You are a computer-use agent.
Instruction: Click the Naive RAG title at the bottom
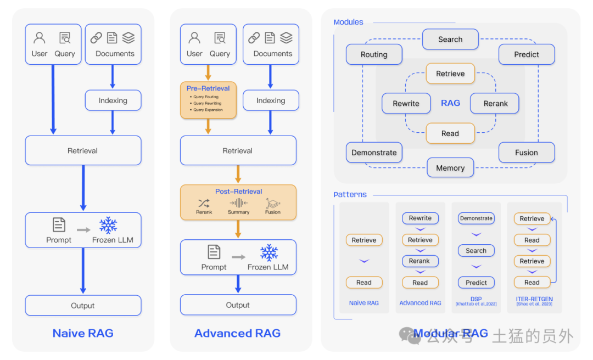point(83,333)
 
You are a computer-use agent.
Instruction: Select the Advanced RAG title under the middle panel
point(237,333)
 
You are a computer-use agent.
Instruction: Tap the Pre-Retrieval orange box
point(208,100)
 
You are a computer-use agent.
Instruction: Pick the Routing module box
point(374,54)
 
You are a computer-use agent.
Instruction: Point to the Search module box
point(450,40)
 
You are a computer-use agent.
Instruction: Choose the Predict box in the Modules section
point(527,54)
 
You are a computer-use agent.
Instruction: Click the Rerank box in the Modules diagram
point(495,103)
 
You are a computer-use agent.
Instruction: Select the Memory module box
point(450,168)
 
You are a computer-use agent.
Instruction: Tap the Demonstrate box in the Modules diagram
point(374,153)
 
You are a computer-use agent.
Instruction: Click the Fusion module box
point(527,153)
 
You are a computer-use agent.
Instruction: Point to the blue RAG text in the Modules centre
point(450,103)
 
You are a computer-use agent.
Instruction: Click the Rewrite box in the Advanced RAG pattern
point(420,218)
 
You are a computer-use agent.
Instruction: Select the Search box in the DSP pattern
point(476,251)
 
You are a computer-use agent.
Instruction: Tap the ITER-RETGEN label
point(534,299)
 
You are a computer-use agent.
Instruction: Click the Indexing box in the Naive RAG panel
point(113,100)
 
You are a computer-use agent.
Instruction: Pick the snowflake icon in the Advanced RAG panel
point(268,253)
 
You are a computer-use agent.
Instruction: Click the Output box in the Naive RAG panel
point(83,306)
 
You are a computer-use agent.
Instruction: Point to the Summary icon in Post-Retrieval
point(238,203)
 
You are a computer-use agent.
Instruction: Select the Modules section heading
point(348,22)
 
